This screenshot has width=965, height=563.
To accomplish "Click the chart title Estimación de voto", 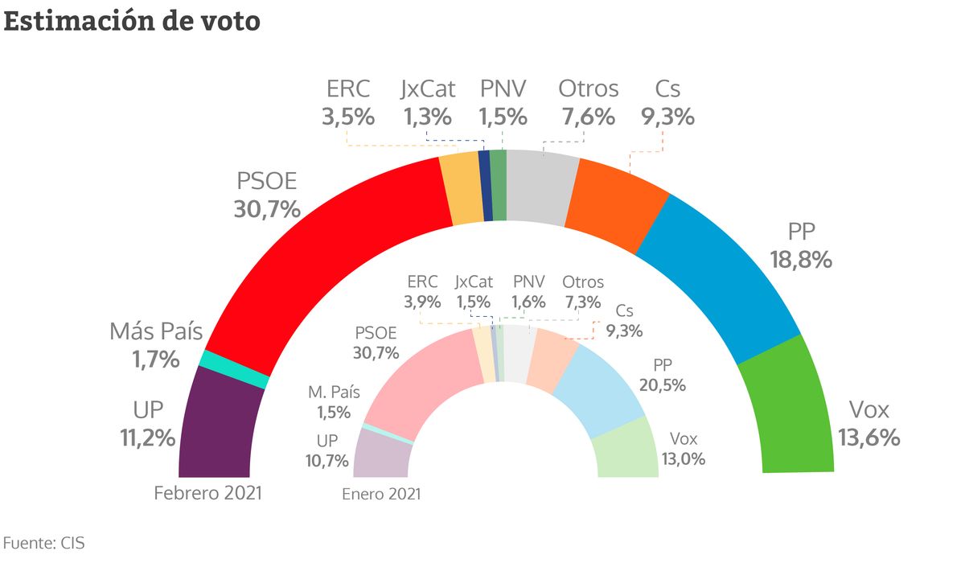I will [132, 21].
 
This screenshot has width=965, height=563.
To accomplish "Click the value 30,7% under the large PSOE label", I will [267, 210].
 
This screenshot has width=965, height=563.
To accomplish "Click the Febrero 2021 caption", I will [208, 493].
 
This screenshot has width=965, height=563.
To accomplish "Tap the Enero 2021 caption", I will [381, 494].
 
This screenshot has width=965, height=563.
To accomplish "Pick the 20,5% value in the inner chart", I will [662, 385].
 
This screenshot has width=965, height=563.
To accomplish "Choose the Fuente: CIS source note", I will [44, 543].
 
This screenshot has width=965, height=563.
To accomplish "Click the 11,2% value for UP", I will [142, 438].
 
